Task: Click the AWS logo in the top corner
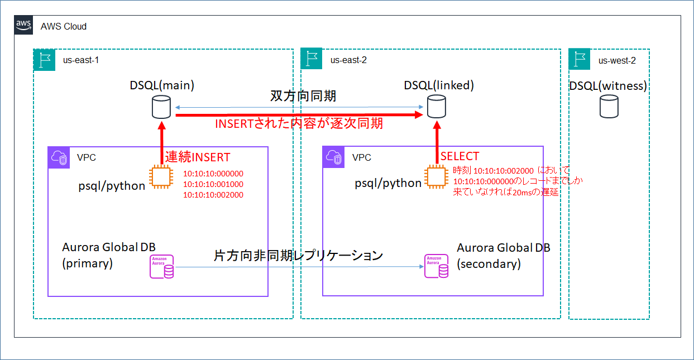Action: pyautogui.click(x=23, y=25)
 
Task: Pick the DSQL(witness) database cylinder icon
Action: pyautogui.click(x=609, y=106)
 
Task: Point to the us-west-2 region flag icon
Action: pyautogui.click(x=580, y=60)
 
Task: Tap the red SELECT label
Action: pyautogui.click(x=460, y=156)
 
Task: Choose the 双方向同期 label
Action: pyautogui.click(x=304, y=96)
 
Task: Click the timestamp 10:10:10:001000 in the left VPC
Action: pyautogui.click(x=213, y=184)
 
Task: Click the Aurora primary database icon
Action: pyautogui.click(x=162, y=267)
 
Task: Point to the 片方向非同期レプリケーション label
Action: pyautogui.click(x=298, y=256)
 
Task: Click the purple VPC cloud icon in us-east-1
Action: pyautogui.click(x=59, y=158)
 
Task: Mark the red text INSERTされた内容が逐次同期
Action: pyautogui.click(x=299, y=124)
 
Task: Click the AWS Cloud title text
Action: pyautogui.click(x=64, y=26)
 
